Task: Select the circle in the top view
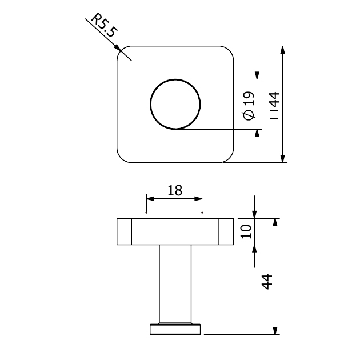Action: click(175, 104)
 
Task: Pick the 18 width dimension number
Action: click(174, 190)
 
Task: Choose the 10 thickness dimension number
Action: click(246, 231)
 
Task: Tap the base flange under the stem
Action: click(175, 329)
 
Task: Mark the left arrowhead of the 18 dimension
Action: click(150, 198)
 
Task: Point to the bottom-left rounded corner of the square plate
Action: click(122, 157)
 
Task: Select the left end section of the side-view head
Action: click(125, 232)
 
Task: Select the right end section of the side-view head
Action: click(226, 232)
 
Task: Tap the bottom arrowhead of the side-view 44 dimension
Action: click(276, 331)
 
